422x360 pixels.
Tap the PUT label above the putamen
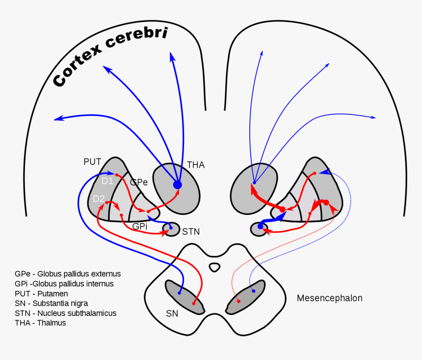92,161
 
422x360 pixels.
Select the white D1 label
107,181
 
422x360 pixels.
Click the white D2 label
99,199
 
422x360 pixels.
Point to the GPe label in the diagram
139,182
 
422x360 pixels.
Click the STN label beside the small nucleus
190,231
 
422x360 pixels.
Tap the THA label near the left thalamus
195,165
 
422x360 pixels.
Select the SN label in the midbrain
172,313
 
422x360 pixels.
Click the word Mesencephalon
329,298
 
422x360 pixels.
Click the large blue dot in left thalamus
177,185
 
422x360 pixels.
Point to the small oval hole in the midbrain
214,267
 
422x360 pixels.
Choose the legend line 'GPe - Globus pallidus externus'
68,274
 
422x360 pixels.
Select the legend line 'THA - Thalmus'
40,323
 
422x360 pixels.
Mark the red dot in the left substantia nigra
194,303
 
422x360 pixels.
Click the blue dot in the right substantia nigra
254,291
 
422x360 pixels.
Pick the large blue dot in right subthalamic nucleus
261,226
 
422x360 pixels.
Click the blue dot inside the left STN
171,228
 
